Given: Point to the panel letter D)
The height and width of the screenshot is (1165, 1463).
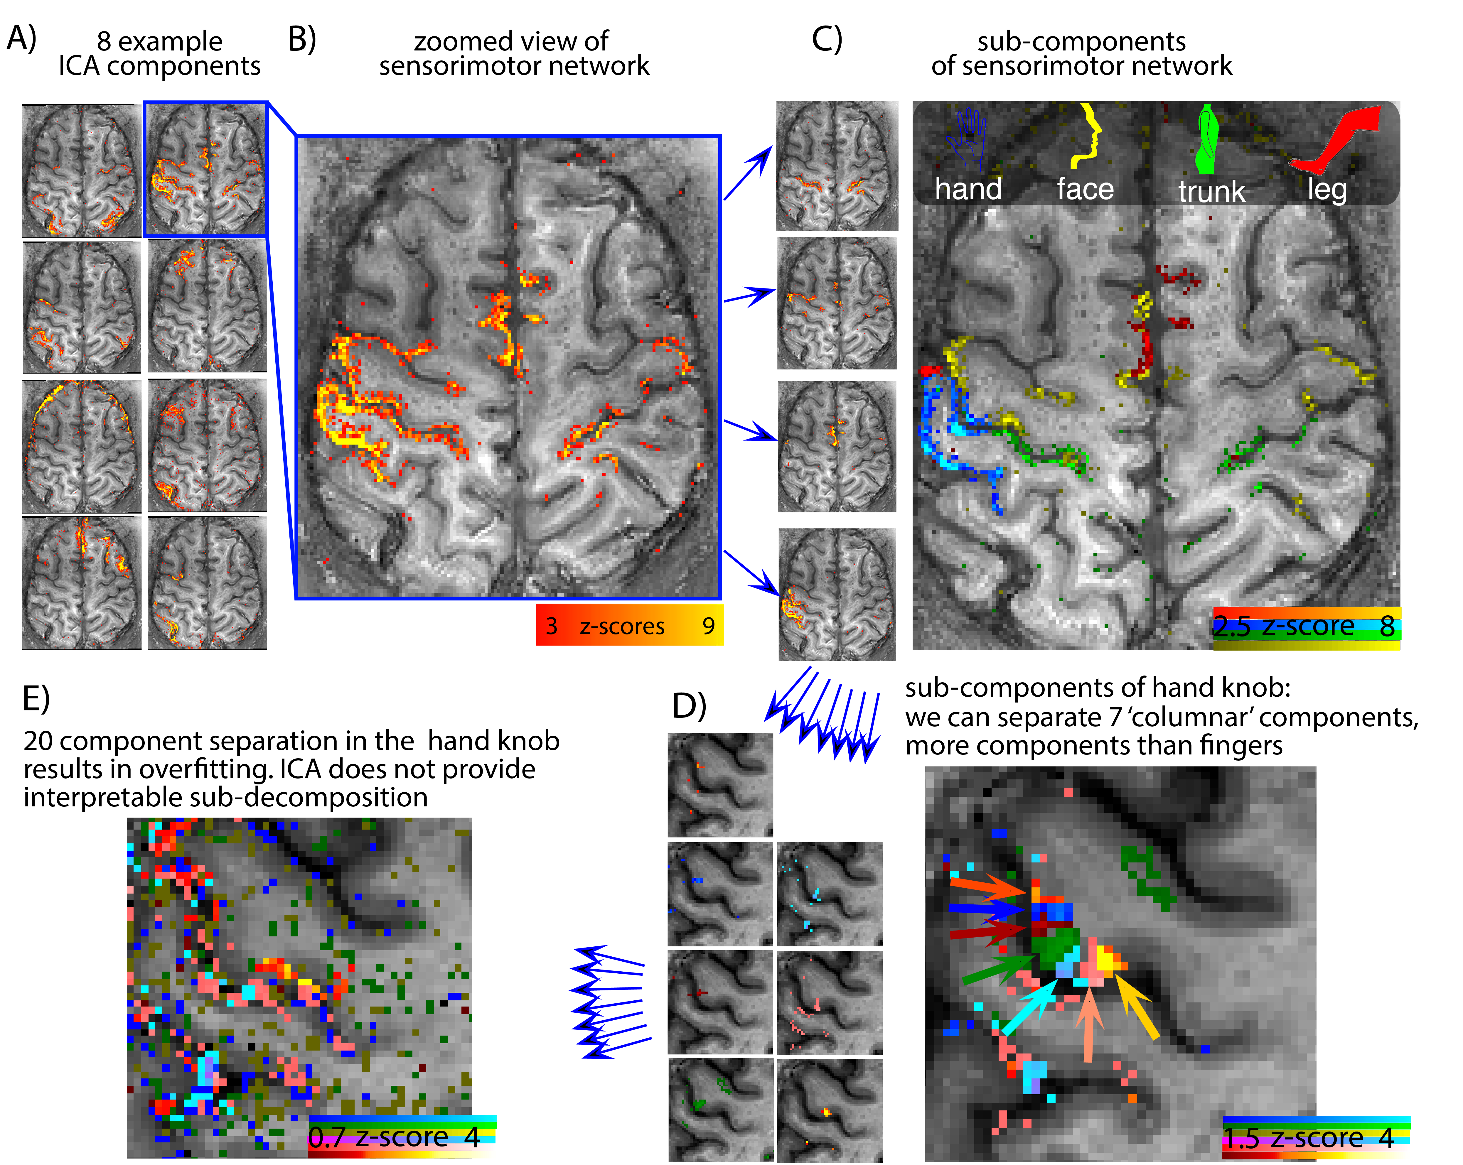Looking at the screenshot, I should pos(689,706).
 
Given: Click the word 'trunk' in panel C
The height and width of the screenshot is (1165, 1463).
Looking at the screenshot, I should pos(1211,192).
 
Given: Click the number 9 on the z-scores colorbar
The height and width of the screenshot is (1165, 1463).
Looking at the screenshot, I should pos(708,626).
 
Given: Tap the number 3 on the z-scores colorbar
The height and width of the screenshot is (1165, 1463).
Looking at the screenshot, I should pos(551,626).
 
